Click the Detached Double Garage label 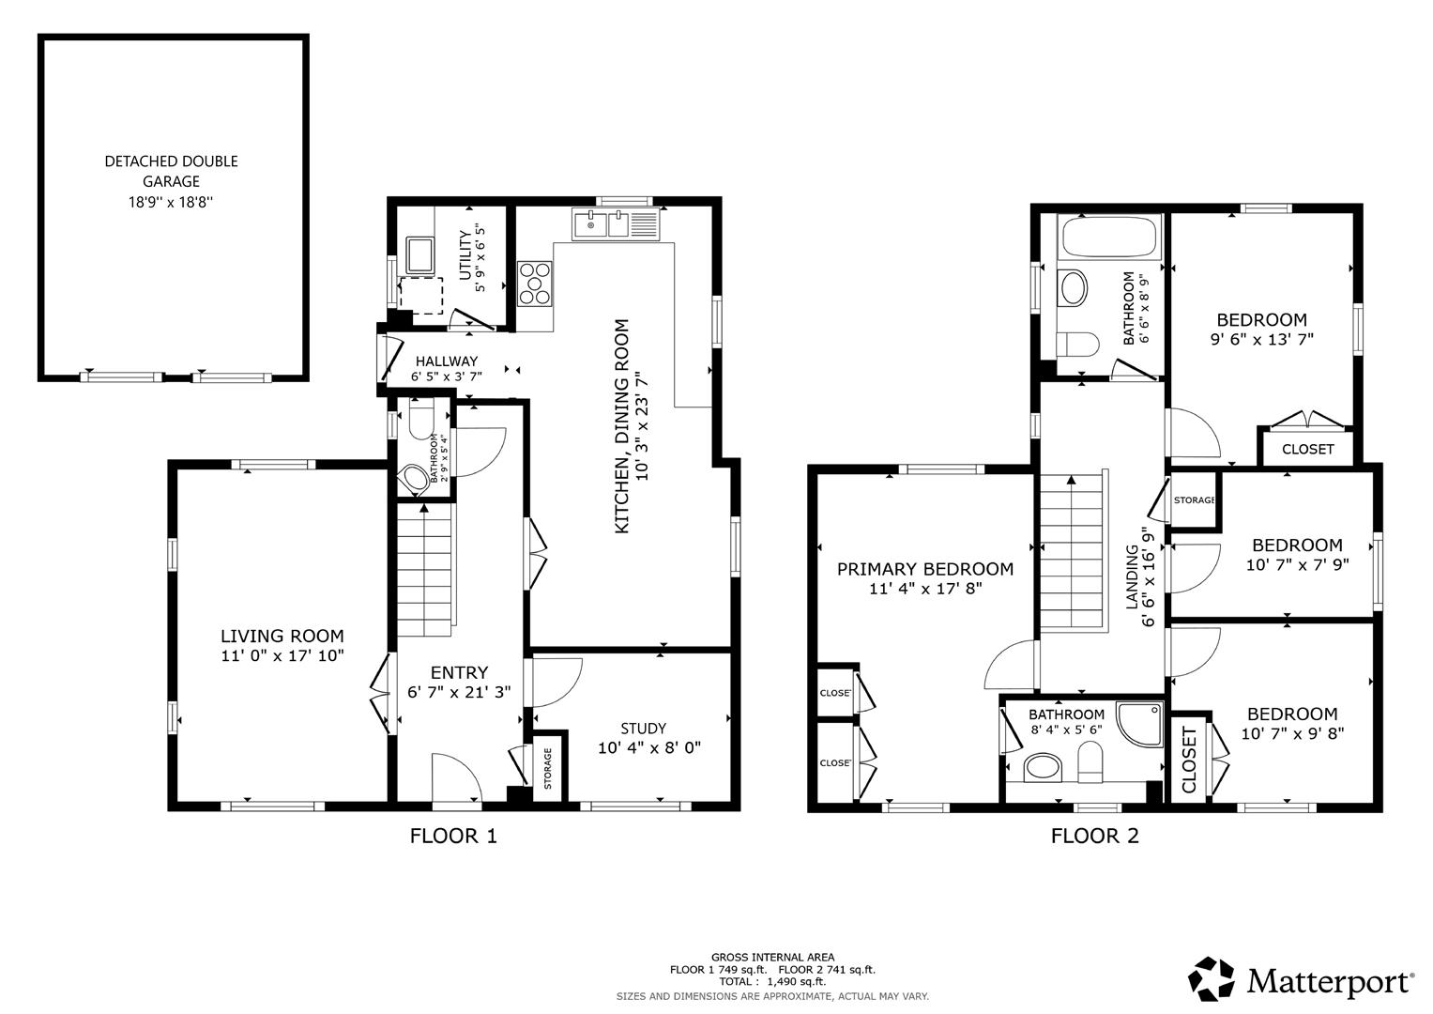click(171, 171)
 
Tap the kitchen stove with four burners click(535, 283)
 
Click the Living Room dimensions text click(282, 656)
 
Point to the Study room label click(644, 729)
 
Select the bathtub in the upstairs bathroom click(1107, 238)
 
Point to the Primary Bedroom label click(924, 569)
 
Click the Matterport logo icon click(1212, 979)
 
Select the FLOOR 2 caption click(1094, 836)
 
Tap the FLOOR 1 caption click(453, 836)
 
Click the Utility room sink click(419, 254)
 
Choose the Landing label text click(1133, 577)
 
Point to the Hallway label click(447, 361)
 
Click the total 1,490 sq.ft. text click(772, 981)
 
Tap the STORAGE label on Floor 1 click(549, 769)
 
